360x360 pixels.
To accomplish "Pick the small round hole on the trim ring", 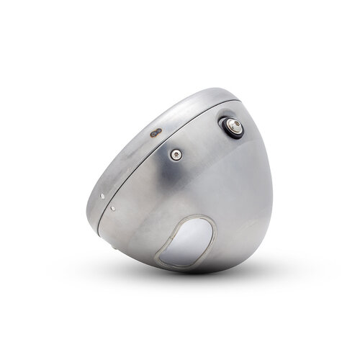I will point(104,194).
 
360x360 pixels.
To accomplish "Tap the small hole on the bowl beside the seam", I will point(113,208).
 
